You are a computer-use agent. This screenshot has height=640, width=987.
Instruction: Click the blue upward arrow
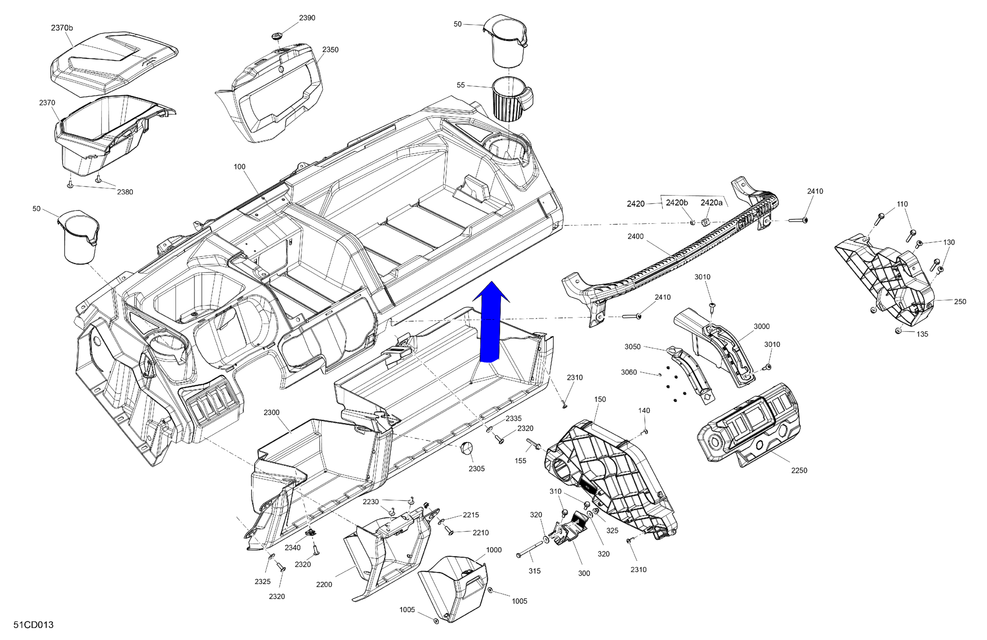(490, 323)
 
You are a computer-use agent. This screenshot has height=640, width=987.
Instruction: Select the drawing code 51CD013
(33, 625)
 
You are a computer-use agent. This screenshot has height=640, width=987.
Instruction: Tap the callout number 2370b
(62, 28)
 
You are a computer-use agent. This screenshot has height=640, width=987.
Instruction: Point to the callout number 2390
(307, 18)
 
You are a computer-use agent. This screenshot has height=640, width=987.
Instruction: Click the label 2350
(330, 50)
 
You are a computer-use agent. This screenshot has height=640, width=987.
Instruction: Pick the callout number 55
(461, 85)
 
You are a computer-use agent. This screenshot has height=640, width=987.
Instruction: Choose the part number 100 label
(240, 167)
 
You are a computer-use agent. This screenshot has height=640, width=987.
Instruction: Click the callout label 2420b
(677, 203)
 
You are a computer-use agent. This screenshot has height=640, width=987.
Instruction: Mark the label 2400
(635, 236)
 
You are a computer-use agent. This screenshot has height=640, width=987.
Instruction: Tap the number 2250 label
(799, 470)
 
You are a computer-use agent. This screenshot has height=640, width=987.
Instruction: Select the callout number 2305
(477, 469)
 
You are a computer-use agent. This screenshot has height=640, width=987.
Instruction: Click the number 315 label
(535, 571)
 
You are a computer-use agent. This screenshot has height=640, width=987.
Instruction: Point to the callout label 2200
(324, 584)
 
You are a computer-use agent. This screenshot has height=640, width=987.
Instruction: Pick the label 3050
(632, 347)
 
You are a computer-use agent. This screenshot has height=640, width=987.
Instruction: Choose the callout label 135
(922, 334)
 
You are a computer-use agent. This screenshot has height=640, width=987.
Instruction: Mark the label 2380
(125, 192)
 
